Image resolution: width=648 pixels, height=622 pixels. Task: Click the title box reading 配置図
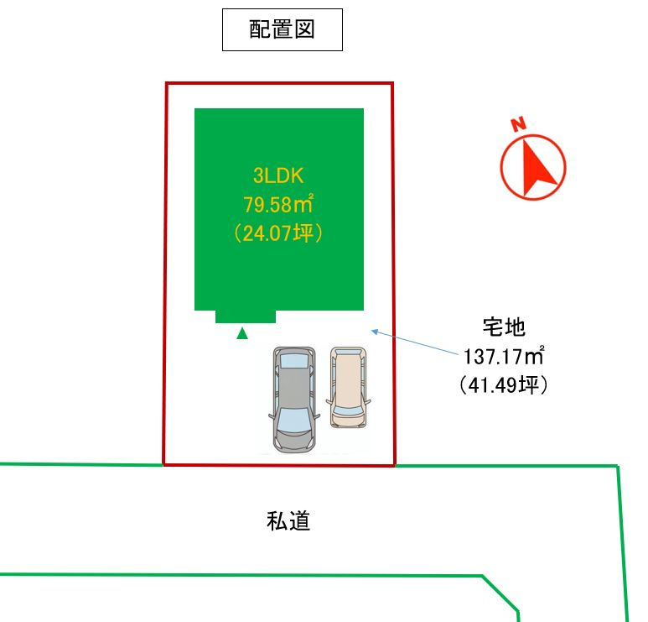click(282, 30)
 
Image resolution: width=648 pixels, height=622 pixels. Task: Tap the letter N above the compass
click(518, 125)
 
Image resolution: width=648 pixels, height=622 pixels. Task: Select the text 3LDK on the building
click(278, 175)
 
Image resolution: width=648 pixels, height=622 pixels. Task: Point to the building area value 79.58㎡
click(278, 204)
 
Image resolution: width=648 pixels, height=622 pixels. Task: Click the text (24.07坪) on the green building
click(278, 233)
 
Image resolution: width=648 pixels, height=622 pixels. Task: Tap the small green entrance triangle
click(242, 333)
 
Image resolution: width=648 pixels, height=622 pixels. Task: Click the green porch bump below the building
click(246, 316)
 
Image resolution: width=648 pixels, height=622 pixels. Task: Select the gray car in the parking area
click(293, 400)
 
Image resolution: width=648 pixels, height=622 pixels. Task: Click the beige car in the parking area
click(348, 387)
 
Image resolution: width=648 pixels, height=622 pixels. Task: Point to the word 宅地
click(504, 327)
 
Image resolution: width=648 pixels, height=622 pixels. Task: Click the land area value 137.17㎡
click(503, 357)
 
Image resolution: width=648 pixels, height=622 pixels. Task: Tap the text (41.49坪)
click(503, 385)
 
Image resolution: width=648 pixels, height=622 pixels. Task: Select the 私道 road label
click(288, 521)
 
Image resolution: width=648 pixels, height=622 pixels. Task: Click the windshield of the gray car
click(293, 418)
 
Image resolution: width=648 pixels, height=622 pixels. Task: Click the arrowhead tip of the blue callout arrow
click(371, 331)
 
